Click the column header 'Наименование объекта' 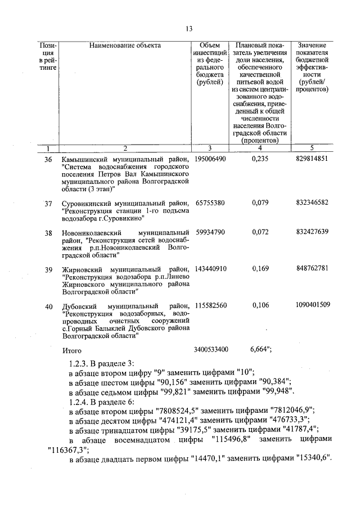point(125,46)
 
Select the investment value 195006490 point(210,160)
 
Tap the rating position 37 point(48,202)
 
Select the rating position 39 point(48,269)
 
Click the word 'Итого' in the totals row point(72,350)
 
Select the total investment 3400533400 point(210,350)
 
